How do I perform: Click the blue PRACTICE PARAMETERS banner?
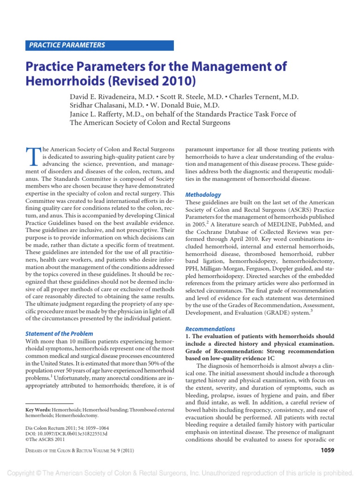click(x=99, y=45)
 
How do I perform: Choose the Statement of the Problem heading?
click(x=60, y=333)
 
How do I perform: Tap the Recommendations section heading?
click(x=210, y=329)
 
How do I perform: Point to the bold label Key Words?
click(x=38, y=410)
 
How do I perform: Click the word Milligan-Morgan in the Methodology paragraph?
click(x=223, y=269)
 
